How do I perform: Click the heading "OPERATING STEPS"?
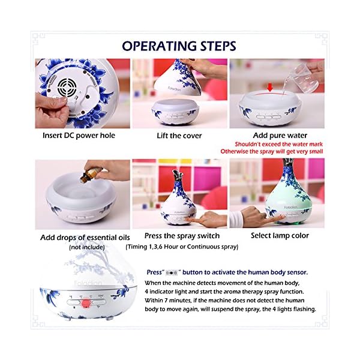(179, 46)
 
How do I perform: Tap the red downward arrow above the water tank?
(270, 87)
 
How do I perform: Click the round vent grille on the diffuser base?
(67, 87)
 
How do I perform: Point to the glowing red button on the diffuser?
(86, 303)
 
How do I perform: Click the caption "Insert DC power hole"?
(79, 136)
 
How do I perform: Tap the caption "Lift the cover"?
(179, 136)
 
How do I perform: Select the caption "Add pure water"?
(280, 136)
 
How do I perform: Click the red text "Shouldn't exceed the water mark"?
(278, 144)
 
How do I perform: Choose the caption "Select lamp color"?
(280, 236)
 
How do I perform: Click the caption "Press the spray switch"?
(182, 236)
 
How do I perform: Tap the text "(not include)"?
(87, 247)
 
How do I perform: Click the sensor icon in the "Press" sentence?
(172, 273)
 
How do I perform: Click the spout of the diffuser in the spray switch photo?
(178, 176)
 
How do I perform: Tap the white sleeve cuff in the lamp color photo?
(236, 218)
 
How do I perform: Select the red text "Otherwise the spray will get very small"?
(272, 152)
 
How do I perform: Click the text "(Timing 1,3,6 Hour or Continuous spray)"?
(182, 247)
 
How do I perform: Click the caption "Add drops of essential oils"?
(85, 238)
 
